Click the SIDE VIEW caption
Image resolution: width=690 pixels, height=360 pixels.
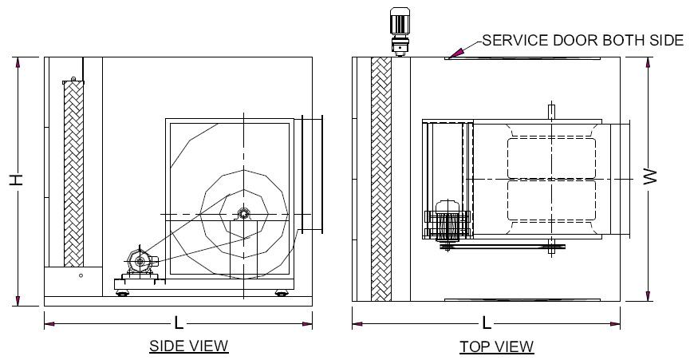pyautogui.click(x=188, y=346)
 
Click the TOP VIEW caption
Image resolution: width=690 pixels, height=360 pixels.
pyautogui.click(x=496, y=346)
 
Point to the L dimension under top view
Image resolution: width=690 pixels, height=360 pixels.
pyautogui.click(x=486, y=323)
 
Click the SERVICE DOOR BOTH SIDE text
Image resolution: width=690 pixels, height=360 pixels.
pyautogui.click(x=582, y=41)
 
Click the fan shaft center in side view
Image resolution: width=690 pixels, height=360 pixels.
pyautogui.click(x=243, y=213)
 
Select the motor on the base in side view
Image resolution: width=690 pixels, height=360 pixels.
pyautogui.click(x=140, y=261)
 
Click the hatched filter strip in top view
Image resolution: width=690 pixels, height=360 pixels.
pyautogui.click(x=381, y=180)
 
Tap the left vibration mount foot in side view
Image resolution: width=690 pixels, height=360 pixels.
pyautogui.click(x=123, y=294)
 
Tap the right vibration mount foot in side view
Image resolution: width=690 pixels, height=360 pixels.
pyautogui.click(x=282, y=294)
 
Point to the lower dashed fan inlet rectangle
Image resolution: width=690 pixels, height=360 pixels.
pyautogui.click(x=551, y=201)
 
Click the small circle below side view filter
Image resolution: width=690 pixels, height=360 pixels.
pyautogui.click(x=80, y=275)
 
